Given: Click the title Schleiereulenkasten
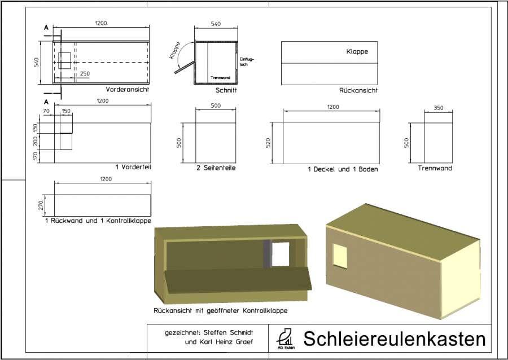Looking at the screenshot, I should [x=394, y=339].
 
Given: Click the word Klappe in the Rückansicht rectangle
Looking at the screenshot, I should [x=357, y=51].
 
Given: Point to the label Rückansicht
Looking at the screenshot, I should [x=358, y=90].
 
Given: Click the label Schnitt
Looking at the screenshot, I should [x=226, y=90].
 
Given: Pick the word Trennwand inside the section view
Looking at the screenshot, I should [x=220, y=78].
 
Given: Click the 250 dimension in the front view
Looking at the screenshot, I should [x=85, y=74].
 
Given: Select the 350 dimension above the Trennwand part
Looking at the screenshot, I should [x=438, y=107].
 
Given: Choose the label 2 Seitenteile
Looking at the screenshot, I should [x=216, y=168].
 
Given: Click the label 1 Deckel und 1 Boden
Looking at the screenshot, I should [x=343, y=169].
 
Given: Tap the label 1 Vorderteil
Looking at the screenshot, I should [x=133, y=168].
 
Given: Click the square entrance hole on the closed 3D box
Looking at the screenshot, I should [x=341, y=256].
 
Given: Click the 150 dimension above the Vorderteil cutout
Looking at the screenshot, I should [x=66, y=111].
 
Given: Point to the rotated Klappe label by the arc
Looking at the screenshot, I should [x=174, y=51].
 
